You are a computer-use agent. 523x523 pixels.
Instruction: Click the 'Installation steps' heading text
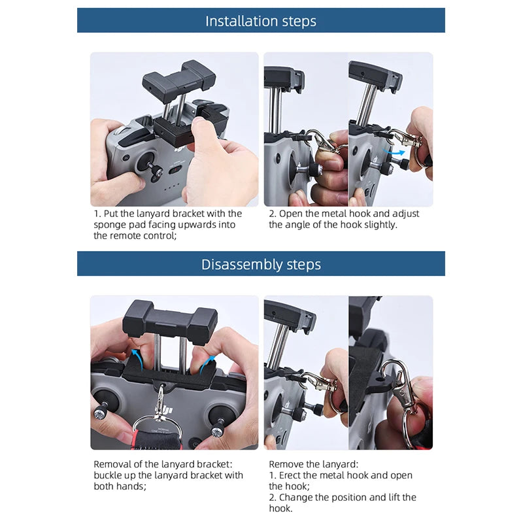coord(261,21)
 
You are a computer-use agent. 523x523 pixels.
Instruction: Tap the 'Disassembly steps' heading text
coord(261,264)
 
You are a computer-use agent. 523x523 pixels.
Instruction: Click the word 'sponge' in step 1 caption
coord(114,224)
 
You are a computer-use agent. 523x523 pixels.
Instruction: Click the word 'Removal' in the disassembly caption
coord(112,464)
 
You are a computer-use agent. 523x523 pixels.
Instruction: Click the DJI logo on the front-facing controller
coord(168,409)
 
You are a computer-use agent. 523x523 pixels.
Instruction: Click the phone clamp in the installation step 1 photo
coord(179,76)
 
